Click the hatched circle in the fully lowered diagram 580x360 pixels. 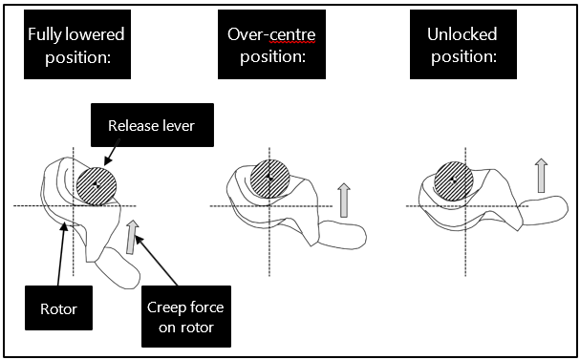pos(97,183)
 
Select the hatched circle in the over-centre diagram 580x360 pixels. pos(271,177)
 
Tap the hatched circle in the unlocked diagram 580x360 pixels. pos(452,179)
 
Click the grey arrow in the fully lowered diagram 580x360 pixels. pos(132,238)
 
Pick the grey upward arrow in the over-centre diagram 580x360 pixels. pos(343,201)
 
